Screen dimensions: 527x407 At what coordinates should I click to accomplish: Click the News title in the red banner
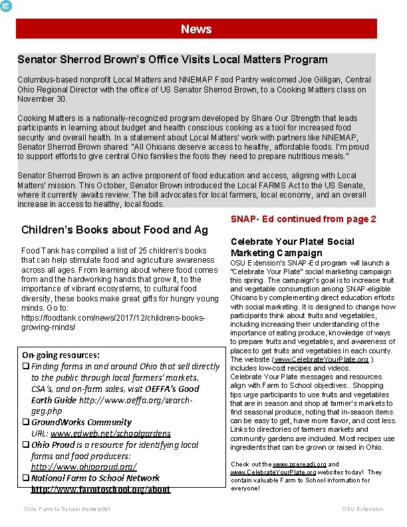196,29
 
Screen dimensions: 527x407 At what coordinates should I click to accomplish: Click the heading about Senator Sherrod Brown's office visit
172,60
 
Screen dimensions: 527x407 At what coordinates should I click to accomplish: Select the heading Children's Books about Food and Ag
114,230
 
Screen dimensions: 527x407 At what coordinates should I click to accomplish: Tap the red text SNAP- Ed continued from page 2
303,219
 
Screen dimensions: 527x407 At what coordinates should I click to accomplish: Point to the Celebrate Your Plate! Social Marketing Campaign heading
292,247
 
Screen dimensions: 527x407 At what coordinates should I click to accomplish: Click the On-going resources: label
61,355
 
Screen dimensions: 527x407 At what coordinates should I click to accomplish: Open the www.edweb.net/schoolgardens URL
110,433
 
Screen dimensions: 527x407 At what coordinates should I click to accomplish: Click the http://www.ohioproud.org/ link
84,466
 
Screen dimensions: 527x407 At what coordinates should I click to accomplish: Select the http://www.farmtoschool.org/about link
100,489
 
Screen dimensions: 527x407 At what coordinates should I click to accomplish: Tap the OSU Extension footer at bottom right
362,509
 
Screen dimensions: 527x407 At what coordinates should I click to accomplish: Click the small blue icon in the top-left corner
6,5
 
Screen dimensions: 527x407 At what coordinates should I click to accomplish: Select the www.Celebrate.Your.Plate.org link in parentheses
322,359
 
